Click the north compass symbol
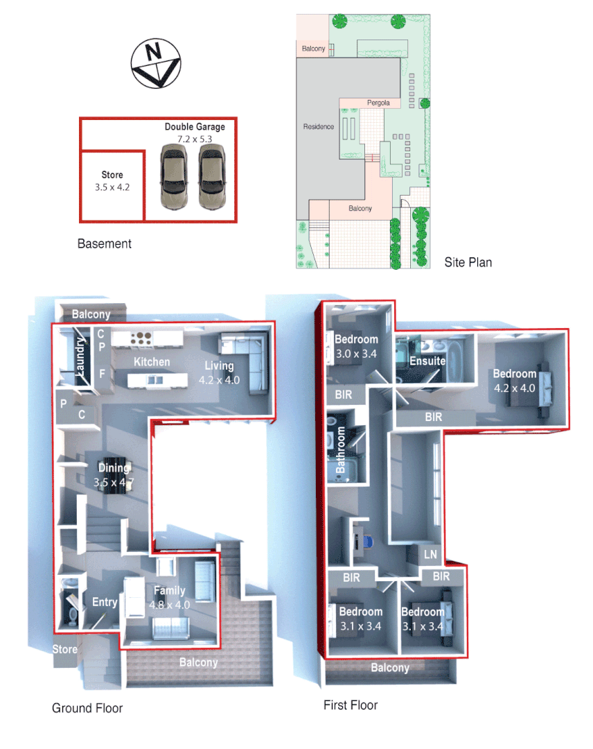tap(156, 64)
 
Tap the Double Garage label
tap(195, 128)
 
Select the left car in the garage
tap(173, 177)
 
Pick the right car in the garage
tap(212, 177)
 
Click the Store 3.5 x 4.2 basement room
tap(112, 182)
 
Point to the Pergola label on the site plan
tap(378, 103)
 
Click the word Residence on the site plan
tap(319, 127)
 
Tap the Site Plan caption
tap(468, 263)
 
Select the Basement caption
tap(105, 244)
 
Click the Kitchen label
tap(152, 362)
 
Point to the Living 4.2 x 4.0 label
tap(219, 372)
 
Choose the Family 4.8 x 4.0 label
tap(170, 597)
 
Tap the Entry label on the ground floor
tap(105, 602)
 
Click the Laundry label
tap(81, 357)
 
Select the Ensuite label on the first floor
tap(427, 361)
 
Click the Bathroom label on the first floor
tap(341, 450)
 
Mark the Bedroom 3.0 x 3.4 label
tap(356, 346)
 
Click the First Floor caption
tap(351, 705)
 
